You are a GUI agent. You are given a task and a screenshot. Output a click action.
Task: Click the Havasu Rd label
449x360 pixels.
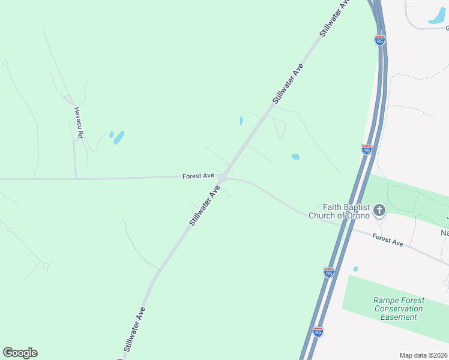pos(77,122)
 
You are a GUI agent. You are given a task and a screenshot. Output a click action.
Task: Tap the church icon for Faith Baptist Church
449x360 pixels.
pos(379,210)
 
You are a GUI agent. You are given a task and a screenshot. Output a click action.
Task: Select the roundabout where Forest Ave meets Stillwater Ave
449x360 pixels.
pos(222,178)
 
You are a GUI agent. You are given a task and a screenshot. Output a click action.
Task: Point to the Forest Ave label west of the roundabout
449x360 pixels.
pos(198,176)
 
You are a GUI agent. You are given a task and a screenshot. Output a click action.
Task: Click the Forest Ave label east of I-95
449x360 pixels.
pos(387,239)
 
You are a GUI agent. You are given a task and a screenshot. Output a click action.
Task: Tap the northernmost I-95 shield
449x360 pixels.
pos(379,40)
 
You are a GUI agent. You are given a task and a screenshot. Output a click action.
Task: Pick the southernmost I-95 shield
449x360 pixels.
pos(318,331)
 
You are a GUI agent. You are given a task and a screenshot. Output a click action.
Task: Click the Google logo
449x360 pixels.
pos(20,353)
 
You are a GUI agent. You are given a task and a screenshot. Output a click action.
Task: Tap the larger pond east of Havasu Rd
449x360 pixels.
pos(119,137)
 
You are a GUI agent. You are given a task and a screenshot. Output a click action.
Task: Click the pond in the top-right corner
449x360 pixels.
pos(437,17)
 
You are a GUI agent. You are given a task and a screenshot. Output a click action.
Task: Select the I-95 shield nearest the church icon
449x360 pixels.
pos(366,149)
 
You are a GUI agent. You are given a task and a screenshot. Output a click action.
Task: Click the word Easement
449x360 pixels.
pos(399,317)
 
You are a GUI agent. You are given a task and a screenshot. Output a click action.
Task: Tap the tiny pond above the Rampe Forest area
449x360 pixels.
pos(356,269)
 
